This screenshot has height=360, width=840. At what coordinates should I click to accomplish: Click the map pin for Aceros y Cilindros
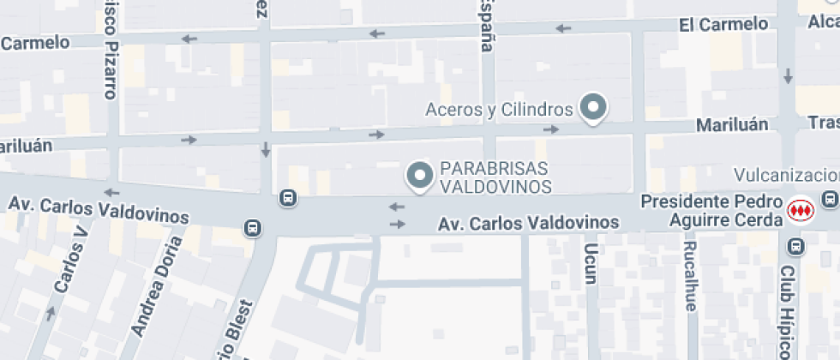(x=593, y=108)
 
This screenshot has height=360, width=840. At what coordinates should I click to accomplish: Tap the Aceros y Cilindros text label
(x=499, y=110)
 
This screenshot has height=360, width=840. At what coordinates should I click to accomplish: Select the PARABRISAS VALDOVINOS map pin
(x=419, y=177)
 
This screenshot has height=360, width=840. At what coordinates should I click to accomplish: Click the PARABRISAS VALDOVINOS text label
(x=494, y=177)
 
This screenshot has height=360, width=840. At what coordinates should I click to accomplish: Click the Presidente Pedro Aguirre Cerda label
(x=711, y=212)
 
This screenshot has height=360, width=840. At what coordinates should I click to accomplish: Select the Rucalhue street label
(x=691, y=274)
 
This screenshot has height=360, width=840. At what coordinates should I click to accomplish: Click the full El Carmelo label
(x=723, y=24)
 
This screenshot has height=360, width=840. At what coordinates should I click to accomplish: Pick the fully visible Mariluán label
(x=731, y=125)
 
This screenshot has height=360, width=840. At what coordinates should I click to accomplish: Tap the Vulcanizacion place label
(x=786, y=175)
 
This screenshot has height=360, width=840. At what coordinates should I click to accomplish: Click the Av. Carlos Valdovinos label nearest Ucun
(x=528, y=223)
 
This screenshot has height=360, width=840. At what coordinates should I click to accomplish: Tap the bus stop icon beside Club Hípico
(x=796, y=247)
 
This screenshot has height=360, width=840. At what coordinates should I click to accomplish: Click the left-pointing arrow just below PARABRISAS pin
(x=397, y=207)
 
